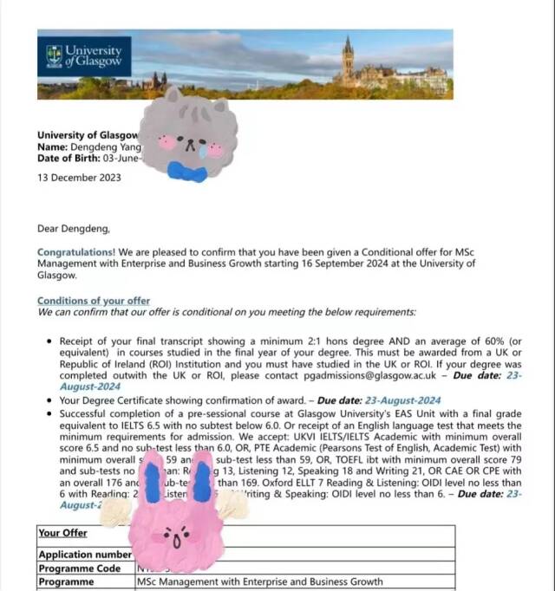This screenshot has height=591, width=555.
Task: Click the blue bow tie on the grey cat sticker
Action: pyautogui.click(x=187, y=172)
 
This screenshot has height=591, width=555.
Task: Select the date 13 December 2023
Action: pyautogui.click(x=79, y=179)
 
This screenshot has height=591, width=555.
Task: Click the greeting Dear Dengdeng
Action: pyautogui.click(x=74, y=229)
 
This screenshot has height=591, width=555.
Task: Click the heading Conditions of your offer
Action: pyautogui.click(x=94, y=301)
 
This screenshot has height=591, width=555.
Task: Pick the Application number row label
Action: pyautogui.click(x=84, y=554)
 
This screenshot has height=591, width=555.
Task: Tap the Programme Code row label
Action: pyautogui.click(x=78, y=568)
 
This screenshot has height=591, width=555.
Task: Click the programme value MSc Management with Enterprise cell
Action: pyautogui.click(x=259, y=582)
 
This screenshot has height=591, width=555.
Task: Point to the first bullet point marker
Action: pyautogui.click(x=51, y=342)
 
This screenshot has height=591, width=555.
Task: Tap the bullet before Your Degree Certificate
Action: pyautogui.click(x=51, y=401)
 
